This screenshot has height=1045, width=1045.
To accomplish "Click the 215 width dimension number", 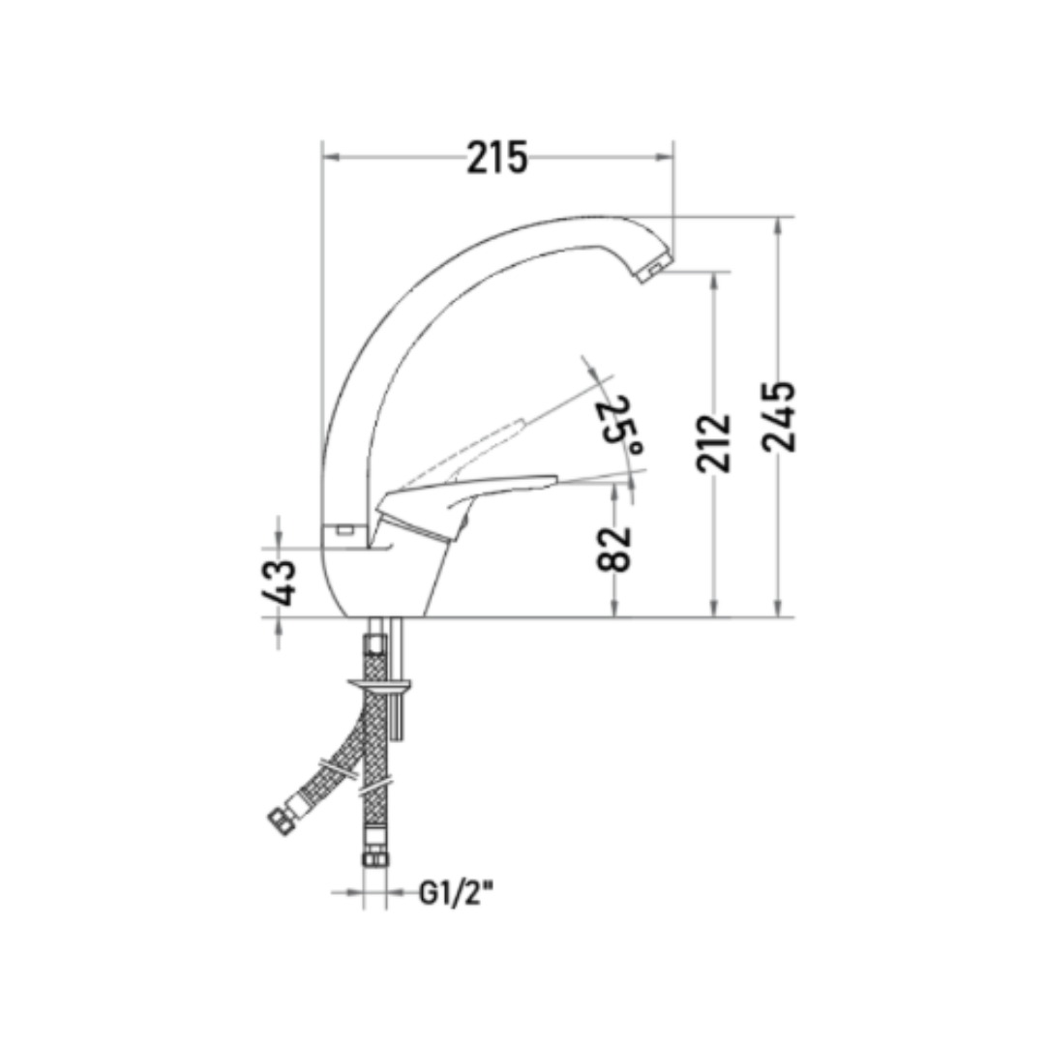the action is coord(497,158).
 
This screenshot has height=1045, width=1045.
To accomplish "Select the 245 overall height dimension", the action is coord(779,416).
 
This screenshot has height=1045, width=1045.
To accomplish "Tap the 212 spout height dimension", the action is coord(714,443).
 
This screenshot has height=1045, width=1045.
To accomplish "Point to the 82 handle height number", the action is coord(613,550).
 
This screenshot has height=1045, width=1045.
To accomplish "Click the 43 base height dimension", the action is coord(278,582).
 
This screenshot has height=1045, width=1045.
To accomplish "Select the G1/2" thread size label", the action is coord(457,893).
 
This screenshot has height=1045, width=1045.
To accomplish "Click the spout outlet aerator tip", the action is coord(652,271).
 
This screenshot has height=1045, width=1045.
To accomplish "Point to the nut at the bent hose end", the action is coord(282,821).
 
